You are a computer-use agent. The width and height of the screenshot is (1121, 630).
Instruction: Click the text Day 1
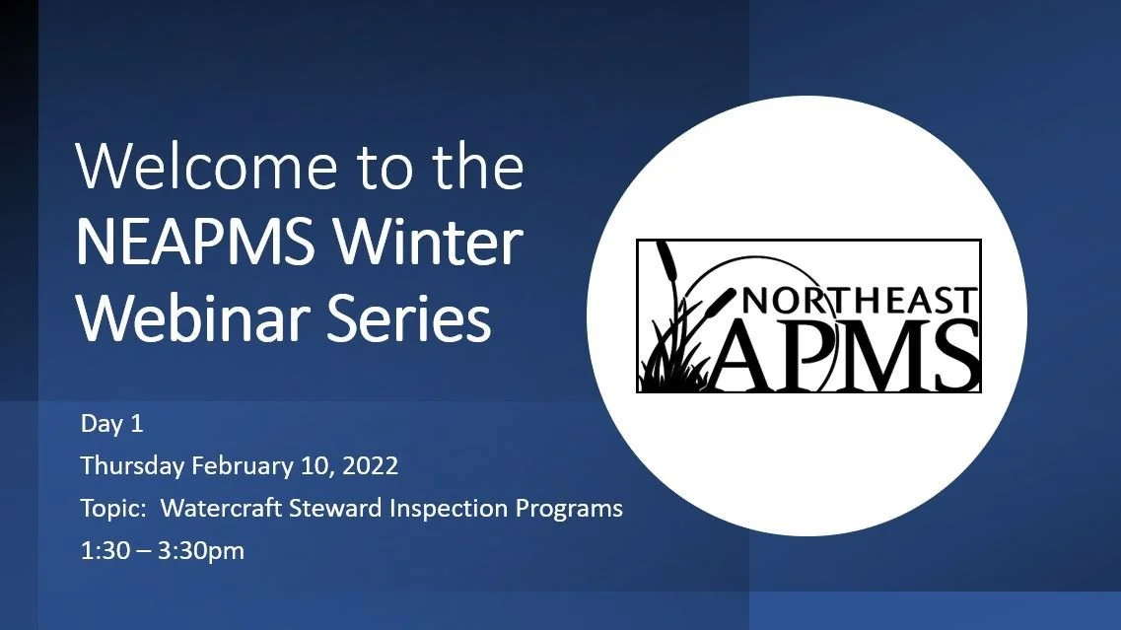click(x=111, y=425)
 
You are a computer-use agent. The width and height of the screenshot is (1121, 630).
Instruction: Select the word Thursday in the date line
click(x=133, y=466)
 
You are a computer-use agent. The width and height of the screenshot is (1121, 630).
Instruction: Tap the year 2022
click(x=371, y=466)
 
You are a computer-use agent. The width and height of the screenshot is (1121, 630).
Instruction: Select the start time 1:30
click(x=105, y=551)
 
